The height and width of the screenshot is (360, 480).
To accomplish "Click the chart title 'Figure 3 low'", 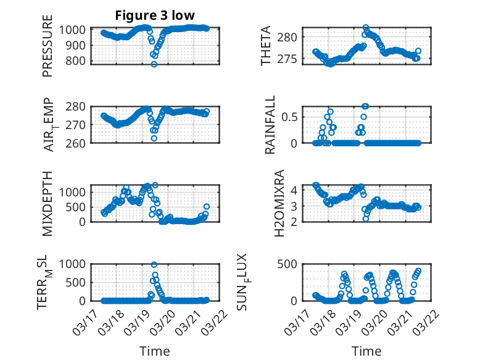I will [x=155, y=16].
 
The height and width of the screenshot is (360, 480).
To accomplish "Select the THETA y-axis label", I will [x=266, y=46].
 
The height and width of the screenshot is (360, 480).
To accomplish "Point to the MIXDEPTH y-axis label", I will [x=48, y=204].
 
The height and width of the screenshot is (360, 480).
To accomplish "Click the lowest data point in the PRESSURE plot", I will [x=154, y=64].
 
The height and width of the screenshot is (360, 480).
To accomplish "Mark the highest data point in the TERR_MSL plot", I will [x=154, y=265].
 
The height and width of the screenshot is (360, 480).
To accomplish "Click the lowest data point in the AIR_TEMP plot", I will [x=154, y=138].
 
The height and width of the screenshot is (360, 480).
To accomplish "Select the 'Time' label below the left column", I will [x=155, y=351].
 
